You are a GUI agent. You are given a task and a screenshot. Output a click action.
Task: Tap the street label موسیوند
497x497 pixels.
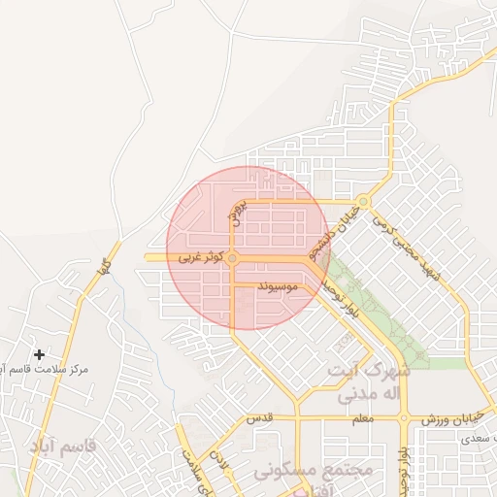(278, 288)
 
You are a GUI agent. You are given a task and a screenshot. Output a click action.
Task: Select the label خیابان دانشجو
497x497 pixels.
(330, 226)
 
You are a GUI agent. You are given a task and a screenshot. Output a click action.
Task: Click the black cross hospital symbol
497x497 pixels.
(39, 355)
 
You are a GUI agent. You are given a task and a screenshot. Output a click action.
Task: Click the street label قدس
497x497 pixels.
(282, 418)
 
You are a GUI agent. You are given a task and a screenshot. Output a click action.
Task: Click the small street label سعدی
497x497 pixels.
(465, 440)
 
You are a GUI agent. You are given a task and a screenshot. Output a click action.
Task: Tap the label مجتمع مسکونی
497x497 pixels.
(315, 471)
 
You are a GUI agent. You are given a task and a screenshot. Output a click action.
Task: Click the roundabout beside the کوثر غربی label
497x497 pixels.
(232, 257)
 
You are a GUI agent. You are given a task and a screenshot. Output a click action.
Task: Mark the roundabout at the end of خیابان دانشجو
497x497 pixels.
(362, 203)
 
